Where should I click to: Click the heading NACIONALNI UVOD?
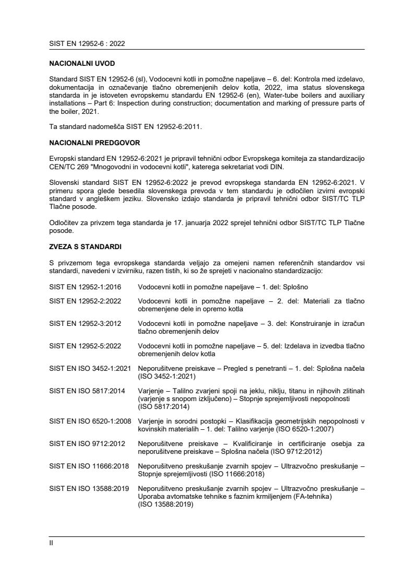81,63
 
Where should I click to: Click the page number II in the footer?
51,543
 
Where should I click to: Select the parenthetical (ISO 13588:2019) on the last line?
165,505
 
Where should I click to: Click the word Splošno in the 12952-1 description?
302,287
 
